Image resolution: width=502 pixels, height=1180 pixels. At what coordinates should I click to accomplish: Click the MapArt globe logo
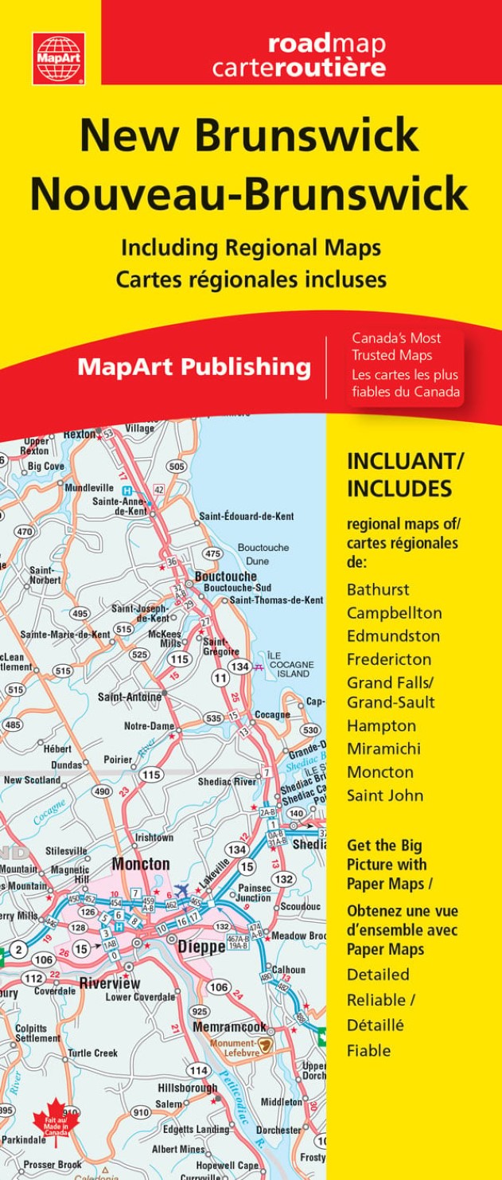58,57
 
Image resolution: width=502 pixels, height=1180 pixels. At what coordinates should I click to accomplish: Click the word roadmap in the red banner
326,43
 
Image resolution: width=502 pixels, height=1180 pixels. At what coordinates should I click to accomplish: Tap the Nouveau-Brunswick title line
249,193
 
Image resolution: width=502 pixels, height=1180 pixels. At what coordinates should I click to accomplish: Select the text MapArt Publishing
194,367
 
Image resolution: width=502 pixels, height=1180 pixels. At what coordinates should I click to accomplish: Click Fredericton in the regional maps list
389,659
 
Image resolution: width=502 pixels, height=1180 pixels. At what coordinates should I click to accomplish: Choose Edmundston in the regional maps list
393,636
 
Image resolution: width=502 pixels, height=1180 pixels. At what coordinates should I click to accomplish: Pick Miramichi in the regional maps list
383,749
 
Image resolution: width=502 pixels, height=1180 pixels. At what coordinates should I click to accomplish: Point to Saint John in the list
385,795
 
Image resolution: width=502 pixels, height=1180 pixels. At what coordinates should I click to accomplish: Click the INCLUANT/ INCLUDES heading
404,475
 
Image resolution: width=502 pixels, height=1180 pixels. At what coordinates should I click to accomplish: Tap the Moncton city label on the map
141,864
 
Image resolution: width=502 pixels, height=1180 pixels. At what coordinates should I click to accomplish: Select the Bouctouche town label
226,576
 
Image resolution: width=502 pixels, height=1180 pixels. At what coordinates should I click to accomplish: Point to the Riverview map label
110,983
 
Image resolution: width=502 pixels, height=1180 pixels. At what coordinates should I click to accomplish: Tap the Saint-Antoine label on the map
129,697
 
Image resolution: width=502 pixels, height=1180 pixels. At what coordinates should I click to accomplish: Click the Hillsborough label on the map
187,1088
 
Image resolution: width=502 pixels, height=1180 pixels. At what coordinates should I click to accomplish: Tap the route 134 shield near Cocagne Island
239,666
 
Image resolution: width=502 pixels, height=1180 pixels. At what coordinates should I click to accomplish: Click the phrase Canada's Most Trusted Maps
396,345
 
